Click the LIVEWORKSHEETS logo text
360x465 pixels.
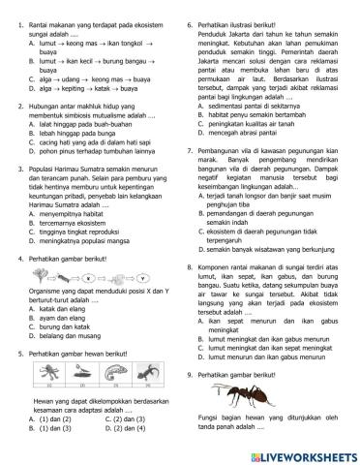tap(294, 452)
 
